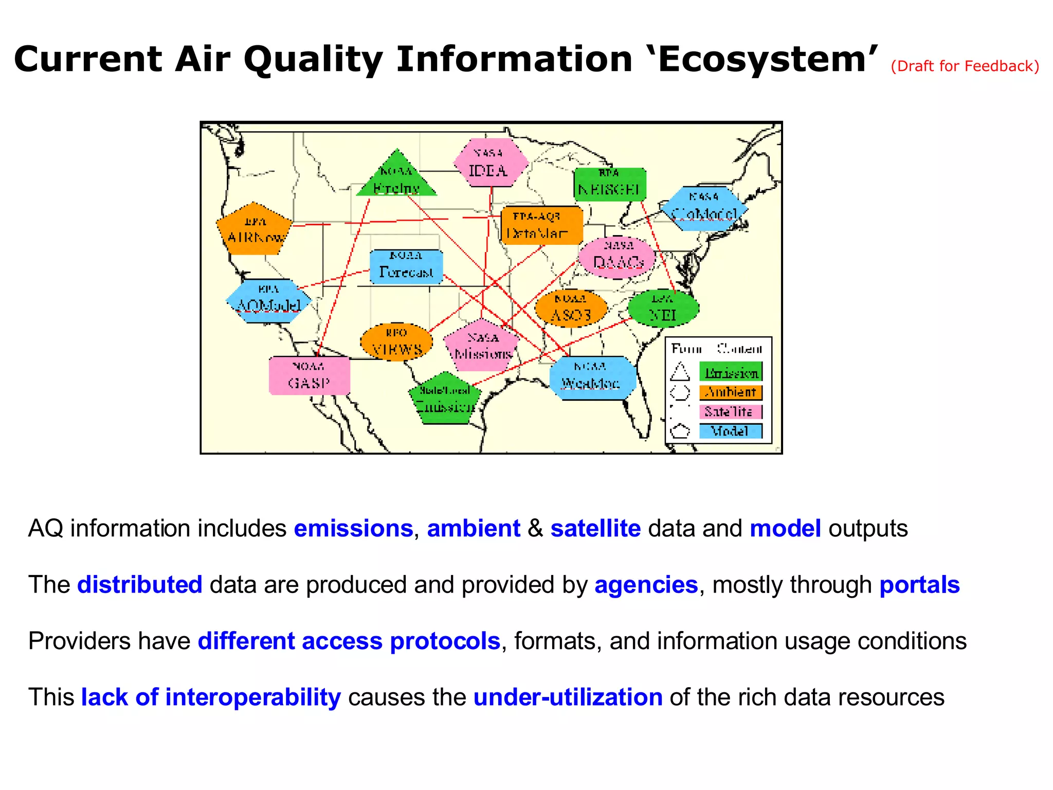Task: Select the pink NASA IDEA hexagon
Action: pos(490,163)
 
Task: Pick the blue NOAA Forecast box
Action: pos(406,266)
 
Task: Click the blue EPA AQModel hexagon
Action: pos(268,300)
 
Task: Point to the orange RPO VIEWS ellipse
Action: pos(396,342)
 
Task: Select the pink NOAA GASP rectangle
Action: pos(310,375)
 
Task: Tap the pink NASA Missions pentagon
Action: pos(482,347)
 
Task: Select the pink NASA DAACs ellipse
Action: pos(618,257)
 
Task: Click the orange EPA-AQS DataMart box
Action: pos(541,226)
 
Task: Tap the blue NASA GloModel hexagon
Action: pos(704,208)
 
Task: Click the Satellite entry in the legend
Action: pos(730,412)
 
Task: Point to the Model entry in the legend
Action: pos(730,431)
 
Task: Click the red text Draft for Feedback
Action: pos(965,66)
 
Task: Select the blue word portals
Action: pos(919,585)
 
